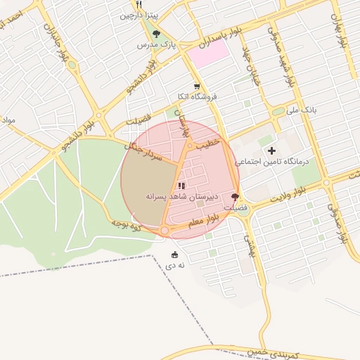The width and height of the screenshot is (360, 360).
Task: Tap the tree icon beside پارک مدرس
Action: [156, 34]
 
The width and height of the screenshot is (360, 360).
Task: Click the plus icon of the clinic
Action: [271, 150]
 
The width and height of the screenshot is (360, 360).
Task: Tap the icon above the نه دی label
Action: [175, 255]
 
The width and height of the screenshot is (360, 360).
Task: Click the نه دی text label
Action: [175, 265]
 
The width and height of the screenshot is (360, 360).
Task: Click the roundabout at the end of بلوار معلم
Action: [165, 231]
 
